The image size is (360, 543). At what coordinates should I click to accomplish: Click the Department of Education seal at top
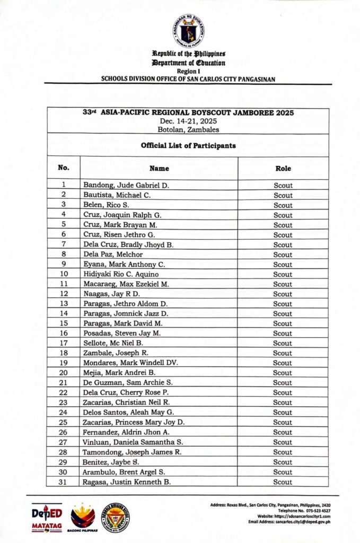[188, 30]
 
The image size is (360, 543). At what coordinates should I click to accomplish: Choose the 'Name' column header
[159, 169]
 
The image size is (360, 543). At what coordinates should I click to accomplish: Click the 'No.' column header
[64, 168]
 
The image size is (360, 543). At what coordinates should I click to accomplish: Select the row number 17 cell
[64, 343]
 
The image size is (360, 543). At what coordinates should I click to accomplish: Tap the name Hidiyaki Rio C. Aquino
[121, 274]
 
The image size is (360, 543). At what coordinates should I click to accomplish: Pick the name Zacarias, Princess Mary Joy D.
[134, 422]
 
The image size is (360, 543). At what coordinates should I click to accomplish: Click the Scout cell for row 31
[283, 482]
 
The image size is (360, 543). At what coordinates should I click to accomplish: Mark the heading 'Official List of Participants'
[188, 145]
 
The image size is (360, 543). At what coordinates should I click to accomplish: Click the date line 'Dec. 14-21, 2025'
[188, 121]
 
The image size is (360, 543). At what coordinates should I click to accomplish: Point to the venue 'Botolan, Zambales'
[188, 129]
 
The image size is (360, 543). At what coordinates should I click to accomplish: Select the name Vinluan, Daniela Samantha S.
[133, 442]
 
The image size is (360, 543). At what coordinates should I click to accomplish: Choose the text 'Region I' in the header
[188, 71]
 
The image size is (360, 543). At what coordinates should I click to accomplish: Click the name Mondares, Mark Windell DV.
[130, 363]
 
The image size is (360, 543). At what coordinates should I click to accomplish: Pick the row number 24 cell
[64, 412]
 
